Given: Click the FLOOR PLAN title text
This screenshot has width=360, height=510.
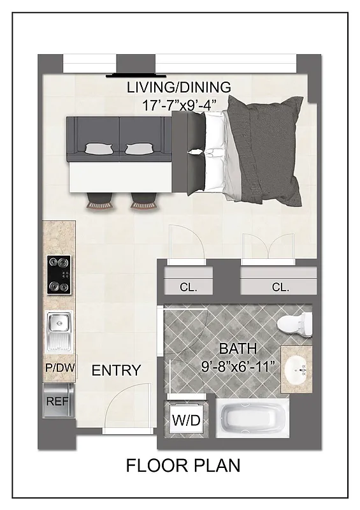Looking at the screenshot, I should [183, 465].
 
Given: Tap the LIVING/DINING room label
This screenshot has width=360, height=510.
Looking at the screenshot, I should [178, 87].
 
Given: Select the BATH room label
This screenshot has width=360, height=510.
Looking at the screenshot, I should [238, 349].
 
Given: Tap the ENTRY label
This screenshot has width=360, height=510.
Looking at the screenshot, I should [116, 370].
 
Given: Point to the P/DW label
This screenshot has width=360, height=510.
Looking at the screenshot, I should [59, 368].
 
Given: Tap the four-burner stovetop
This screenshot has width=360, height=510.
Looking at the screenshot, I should [59, 275].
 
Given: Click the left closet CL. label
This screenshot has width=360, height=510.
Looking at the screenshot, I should [188, 287].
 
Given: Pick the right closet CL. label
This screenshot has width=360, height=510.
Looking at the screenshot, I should [280, 287].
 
